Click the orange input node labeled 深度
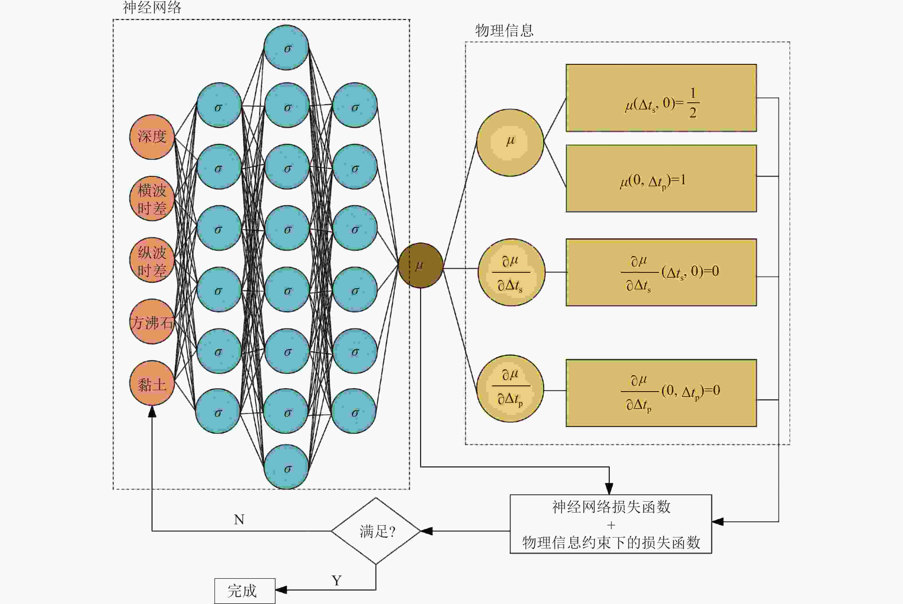point(152,137)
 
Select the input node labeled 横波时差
point(152,199)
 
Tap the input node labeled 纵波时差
point(152,260)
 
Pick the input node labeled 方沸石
point(152,322)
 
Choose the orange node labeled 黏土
point(152,383)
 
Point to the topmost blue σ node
point(286,48)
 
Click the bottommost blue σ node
point(286,467)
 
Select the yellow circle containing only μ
point(510,142)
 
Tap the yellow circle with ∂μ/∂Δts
point(511,272)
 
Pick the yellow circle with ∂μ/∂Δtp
point(510,389)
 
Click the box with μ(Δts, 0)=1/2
point(661,98)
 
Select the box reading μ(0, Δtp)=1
point(661,178)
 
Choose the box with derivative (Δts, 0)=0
point(661,272)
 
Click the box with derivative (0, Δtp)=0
point(661,393)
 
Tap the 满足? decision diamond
point(376,531)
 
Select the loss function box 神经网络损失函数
point(611,524)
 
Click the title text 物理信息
point(504,30)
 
